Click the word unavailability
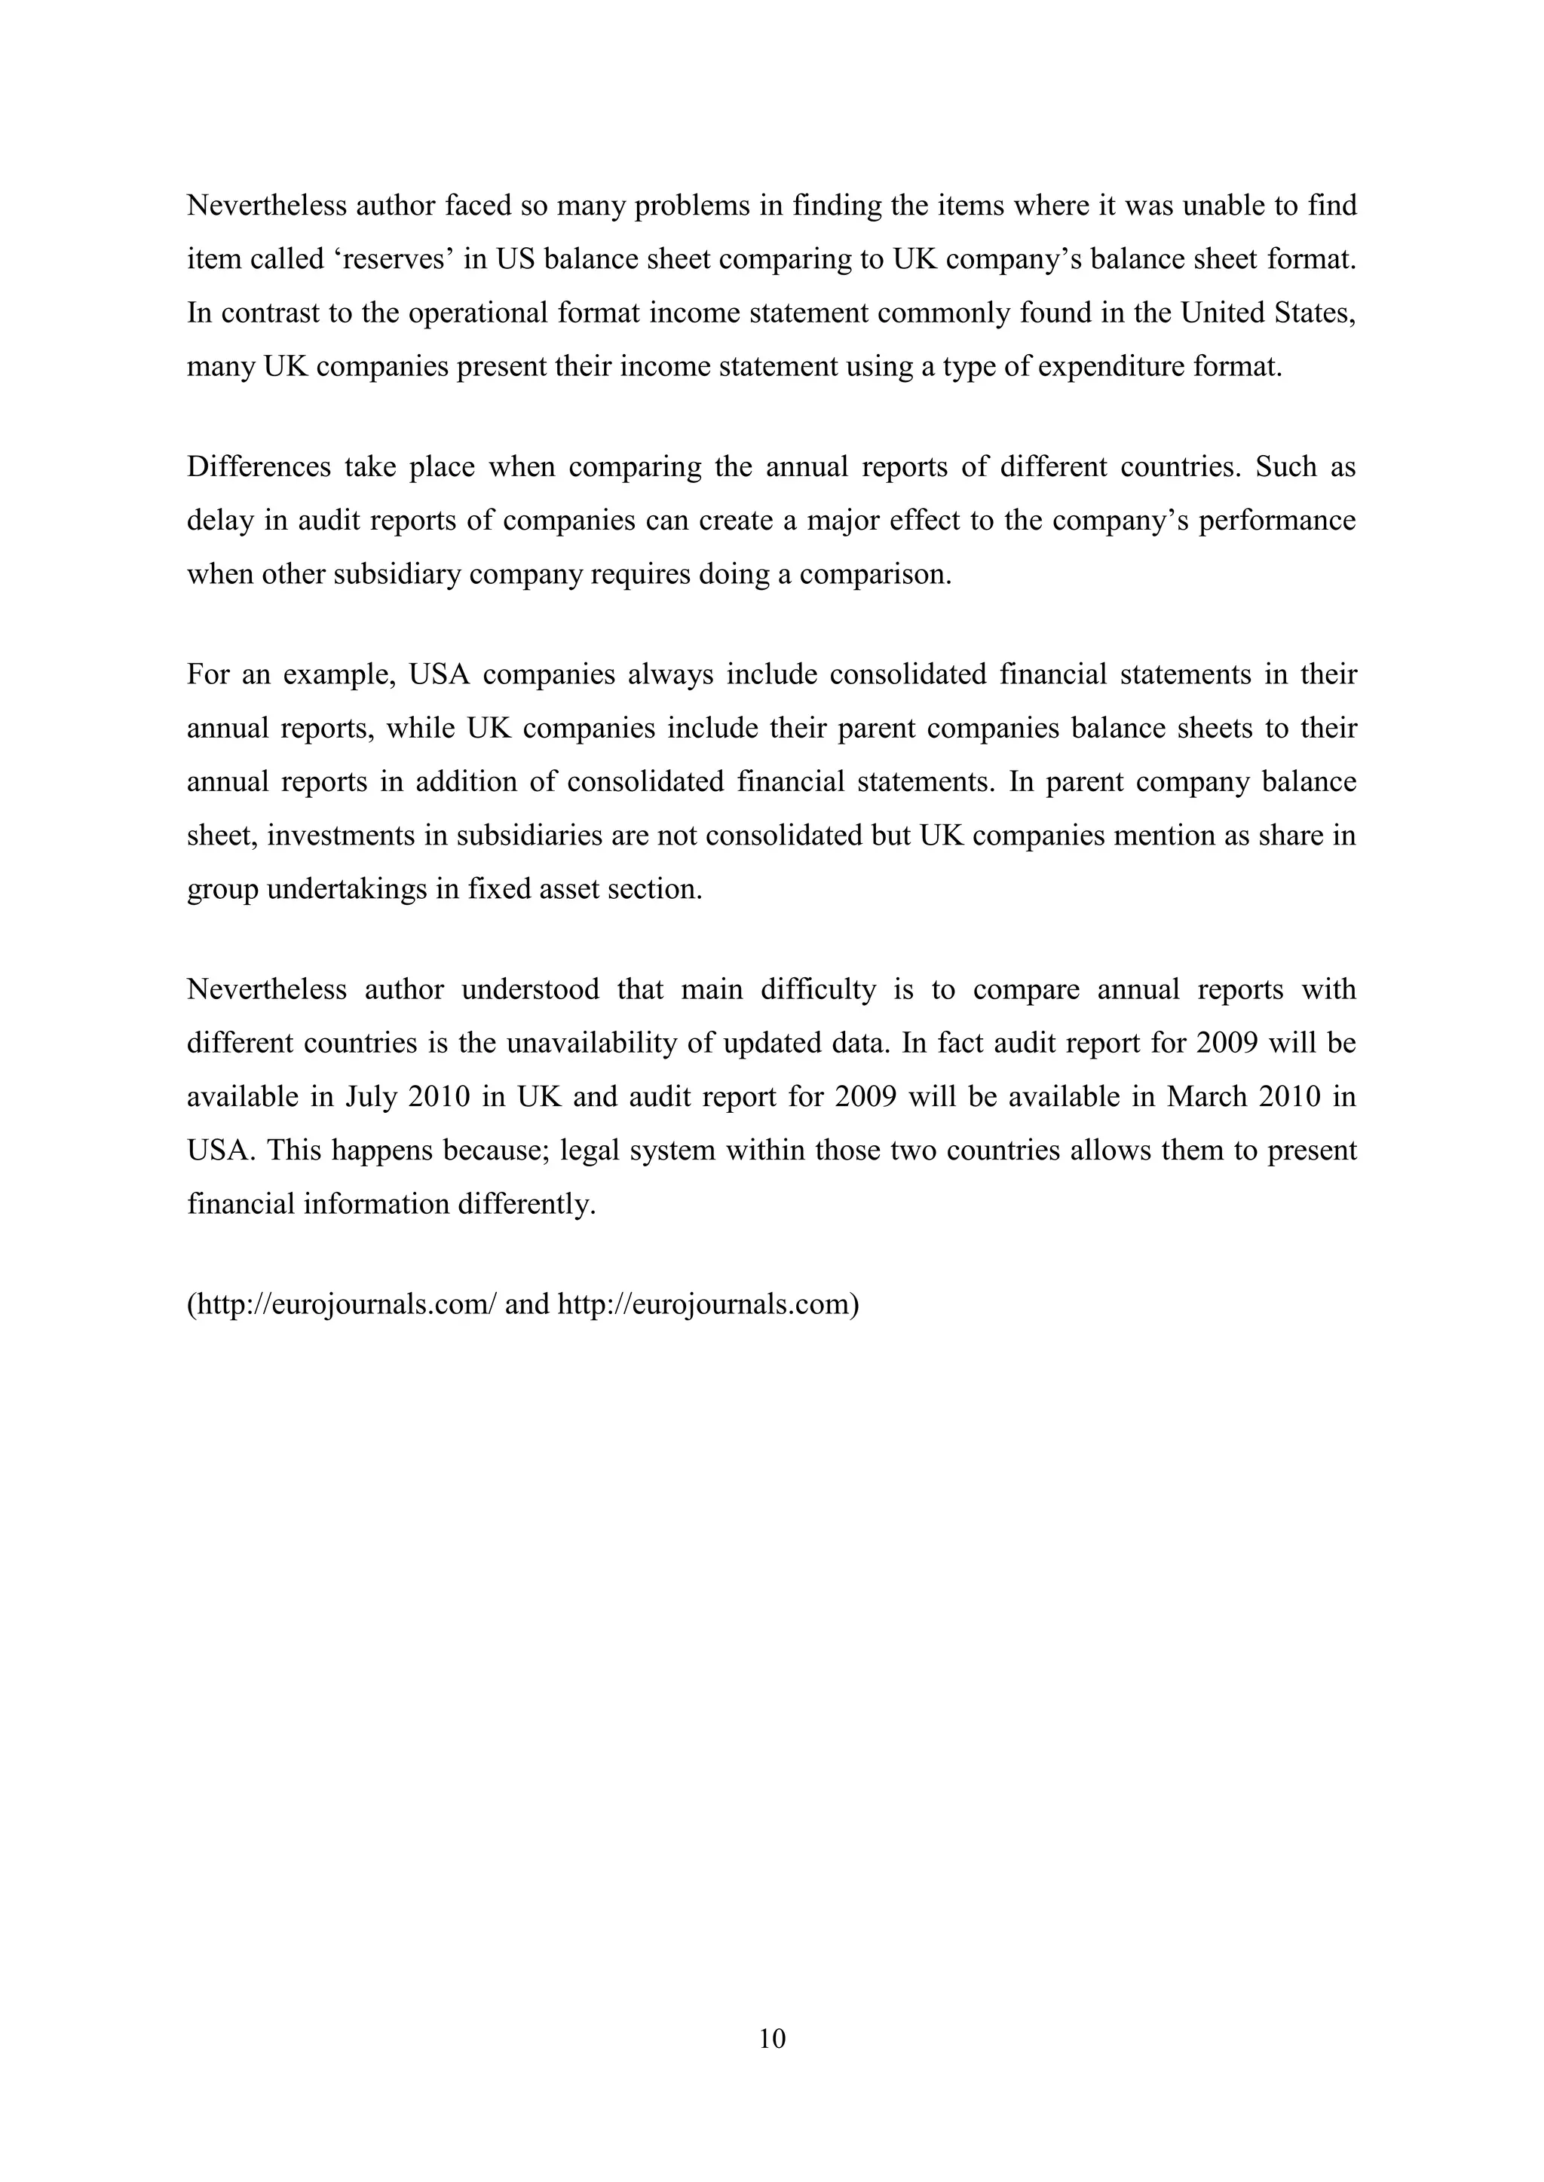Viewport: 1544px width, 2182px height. pos(590,1044)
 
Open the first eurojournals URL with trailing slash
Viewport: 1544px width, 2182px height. pos(345,1305)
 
